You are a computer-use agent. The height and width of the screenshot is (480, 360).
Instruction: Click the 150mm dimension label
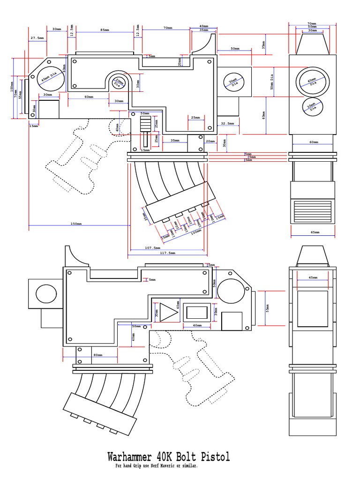pos(76,224)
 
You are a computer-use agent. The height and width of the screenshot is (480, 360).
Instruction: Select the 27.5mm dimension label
pos(37,37)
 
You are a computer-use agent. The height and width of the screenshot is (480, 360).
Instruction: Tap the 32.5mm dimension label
pos(227,123)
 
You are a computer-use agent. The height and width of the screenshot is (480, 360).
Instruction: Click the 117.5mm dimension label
pos(167,253)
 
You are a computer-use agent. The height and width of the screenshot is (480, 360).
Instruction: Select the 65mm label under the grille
pos(315,232)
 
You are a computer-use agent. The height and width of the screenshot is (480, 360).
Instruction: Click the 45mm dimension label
pos(313,277)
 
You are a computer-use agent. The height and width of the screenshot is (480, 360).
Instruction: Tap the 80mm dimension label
pos(97,355)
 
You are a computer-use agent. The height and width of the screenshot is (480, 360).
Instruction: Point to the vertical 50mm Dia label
pos(271,82)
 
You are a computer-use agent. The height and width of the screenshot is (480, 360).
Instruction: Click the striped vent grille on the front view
pos(313,209)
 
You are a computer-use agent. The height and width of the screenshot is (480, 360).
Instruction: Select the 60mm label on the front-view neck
pos(313,142)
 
